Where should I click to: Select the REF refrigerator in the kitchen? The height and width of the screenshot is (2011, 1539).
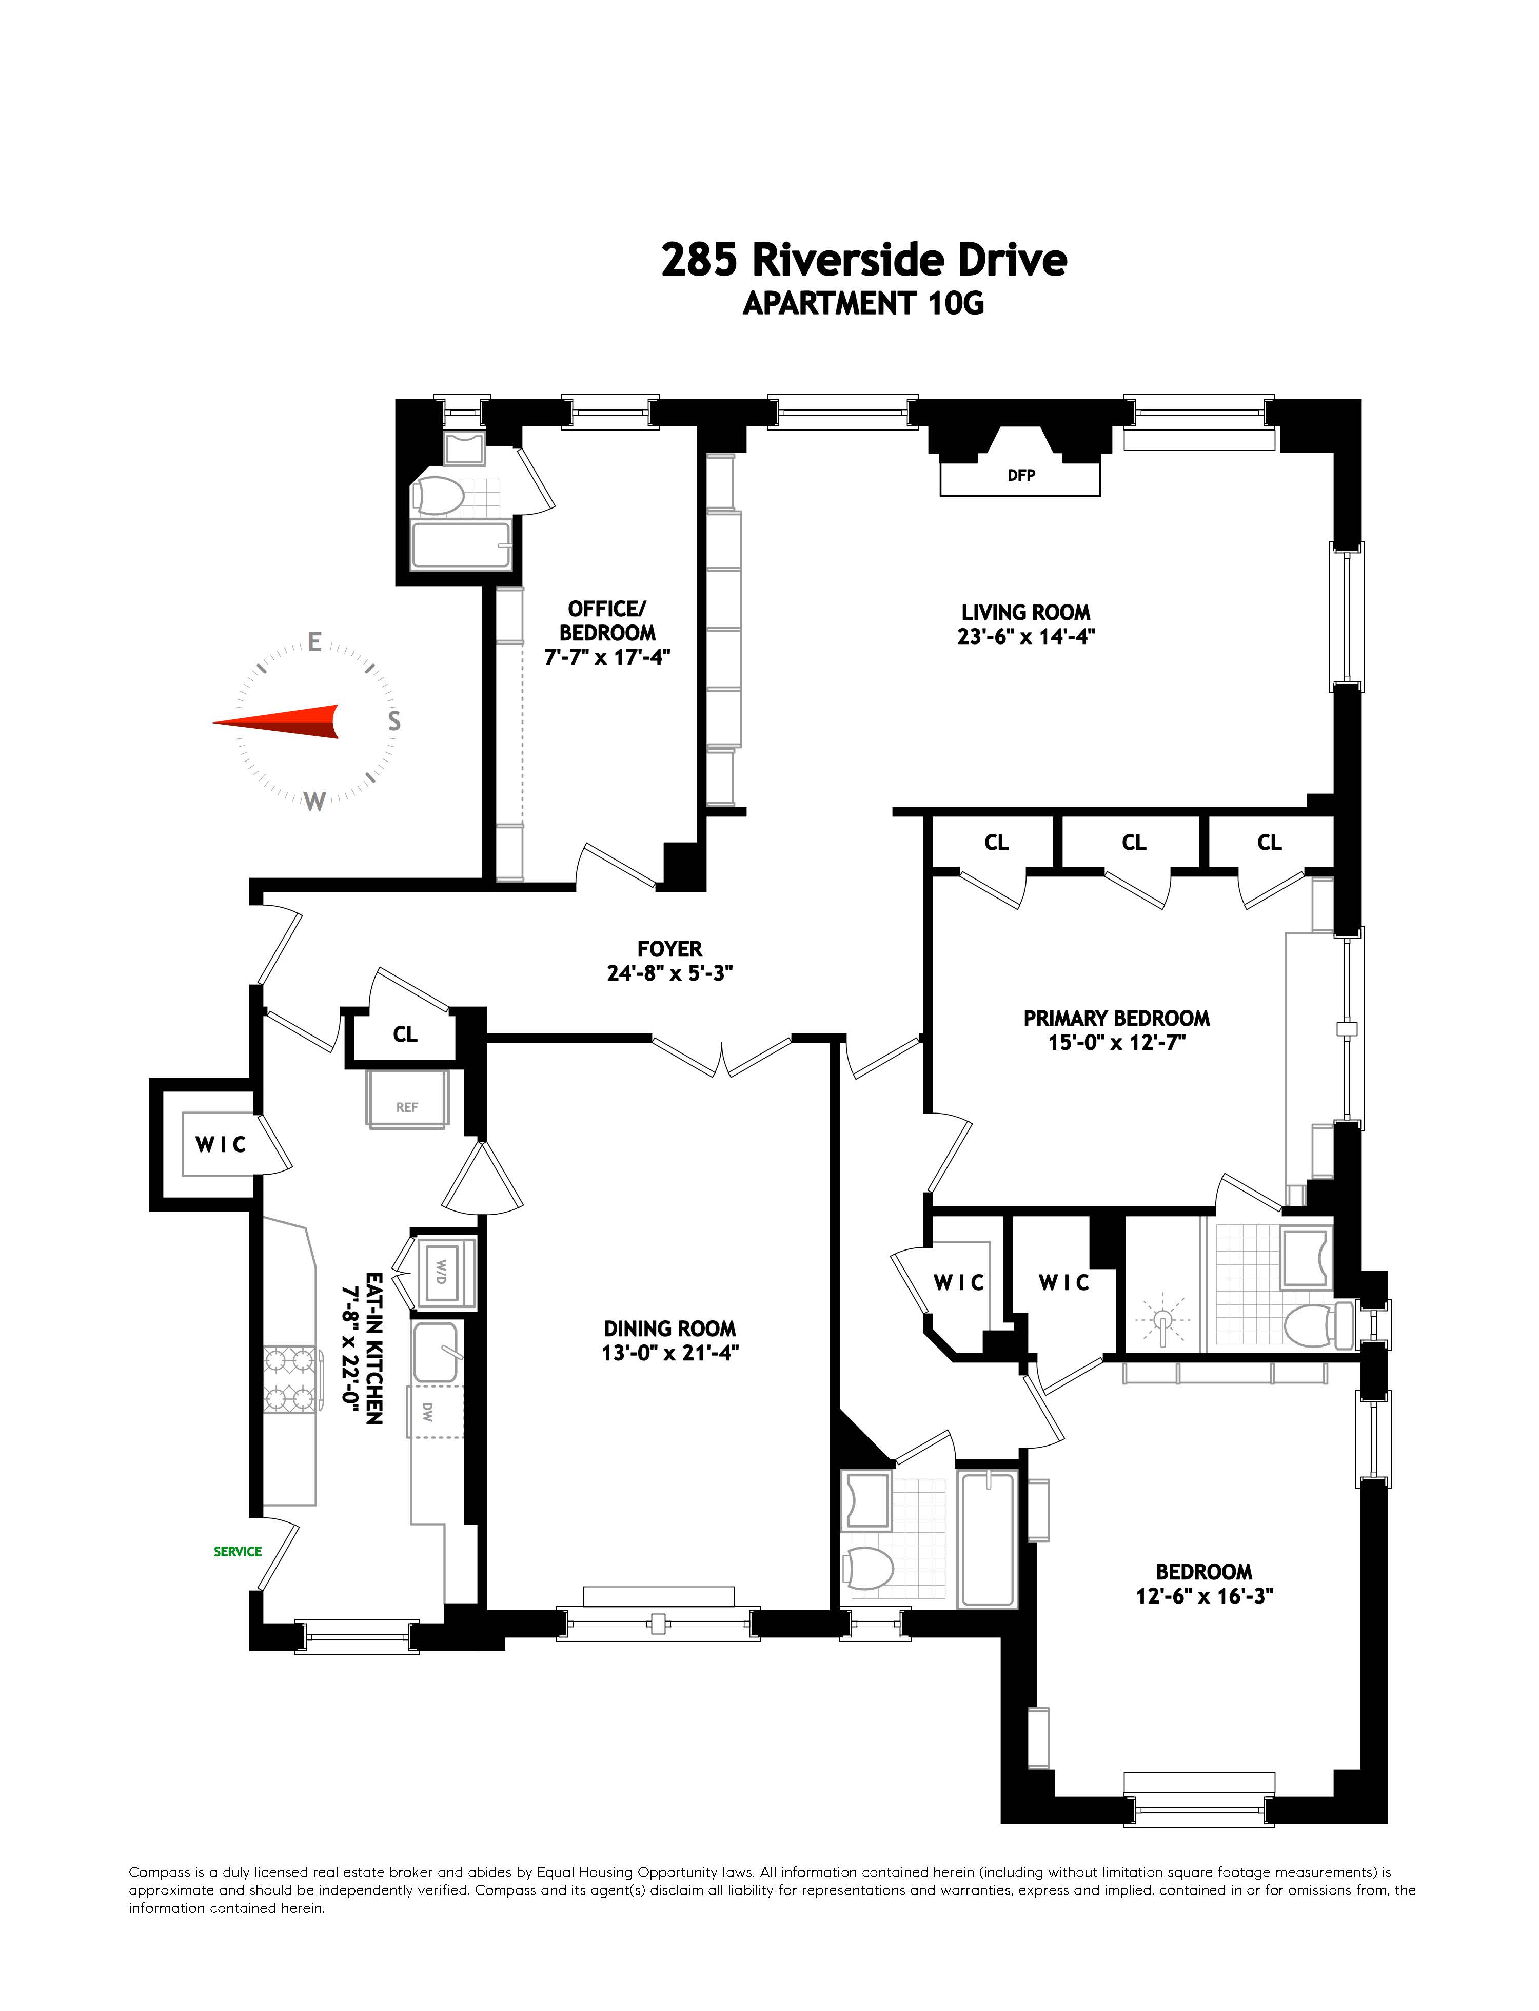click(x=407, y=1107)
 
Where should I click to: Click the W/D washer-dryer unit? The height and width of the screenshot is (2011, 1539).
click(x=442, y=1273)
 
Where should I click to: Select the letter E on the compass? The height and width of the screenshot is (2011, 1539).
click(x=314, y=642)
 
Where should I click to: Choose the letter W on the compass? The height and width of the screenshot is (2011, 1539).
click(x=314, y=802)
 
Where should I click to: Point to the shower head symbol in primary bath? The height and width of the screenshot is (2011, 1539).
click(x=1161, y=1321)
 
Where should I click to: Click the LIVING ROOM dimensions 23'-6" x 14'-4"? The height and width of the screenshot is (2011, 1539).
click(x=1026, y=636)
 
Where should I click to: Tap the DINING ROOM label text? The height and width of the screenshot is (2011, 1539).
click(x=669, y=1329)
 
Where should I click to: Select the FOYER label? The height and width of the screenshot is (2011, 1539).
click(x=669, y=949)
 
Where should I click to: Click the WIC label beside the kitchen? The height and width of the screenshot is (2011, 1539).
click(x=221, y=1144)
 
